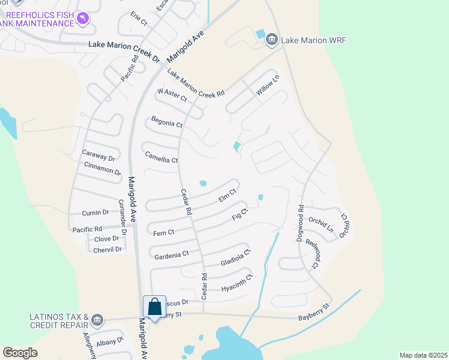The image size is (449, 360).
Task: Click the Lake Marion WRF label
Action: [x=313, y=40]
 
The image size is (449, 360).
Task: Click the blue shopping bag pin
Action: [x=154, y=307]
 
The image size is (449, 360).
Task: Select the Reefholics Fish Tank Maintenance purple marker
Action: [x=82, y=20]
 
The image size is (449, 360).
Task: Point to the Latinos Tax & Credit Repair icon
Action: [x=98, y=319]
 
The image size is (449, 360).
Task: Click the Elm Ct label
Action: [x=228, y=196]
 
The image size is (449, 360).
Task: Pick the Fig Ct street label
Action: [x=240, y=214]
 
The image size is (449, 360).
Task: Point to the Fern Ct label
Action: [x=163, y=232]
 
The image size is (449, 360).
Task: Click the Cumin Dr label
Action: [x=96, y=212]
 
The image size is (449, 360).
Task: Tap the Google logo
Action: [x=20, y=352]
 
